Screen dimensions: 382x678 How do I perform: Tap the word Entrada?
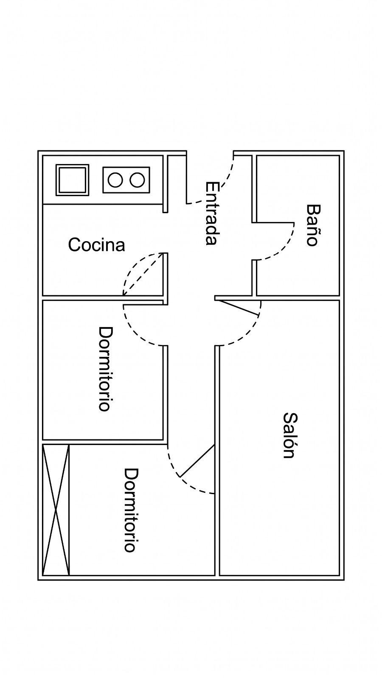point(212,213)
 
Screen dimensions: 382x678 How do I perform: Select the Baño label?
point(313,225)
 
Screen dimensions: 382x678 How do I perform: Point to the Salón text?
point(290,436)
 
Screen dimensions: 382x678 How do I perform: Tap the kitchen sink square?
point(73,180)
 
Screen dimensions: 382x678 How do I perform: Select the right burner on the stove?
point(137,180)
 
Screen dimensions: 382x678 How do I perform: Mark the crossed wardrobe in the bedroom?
point(56,510)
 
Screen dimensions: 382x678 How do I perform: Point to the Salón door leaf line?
point(239,308)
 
